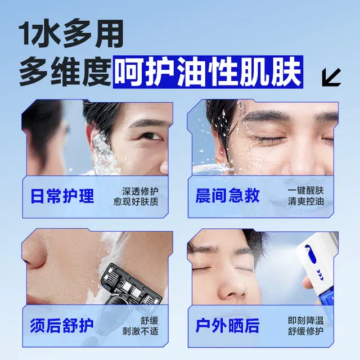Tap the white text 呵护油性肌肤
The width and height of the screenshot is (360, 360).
(208, 71)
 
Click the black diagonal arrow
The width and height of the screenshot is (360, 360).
(331, 78)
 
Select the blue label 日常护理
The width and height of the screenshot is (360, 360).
(62, 196)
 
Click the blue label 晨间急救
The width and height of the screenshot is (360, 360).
(227, 196)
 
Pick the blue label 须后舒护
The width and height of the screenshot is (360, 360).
(62, 326)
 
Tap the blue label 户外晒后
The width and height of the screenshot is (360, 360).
(227, 325)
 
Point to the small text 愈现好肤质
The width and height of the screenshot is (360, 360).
(136, 201)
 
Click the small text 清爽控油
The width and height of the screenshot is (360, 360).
(306, 201)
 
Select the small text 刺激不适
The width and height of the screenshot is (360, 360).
(140, 331)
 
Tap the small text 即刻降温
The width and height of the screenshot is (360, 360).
(306, 321)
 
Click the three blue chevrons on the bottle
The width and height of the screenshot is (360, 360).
(320, 274)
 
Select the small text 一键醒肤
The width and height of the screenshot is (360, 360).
(306, 191)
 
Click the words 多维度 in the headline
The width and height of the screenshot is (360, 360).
(65, 71)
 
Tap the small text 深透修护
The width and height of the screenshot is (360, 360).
(140, 191)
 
